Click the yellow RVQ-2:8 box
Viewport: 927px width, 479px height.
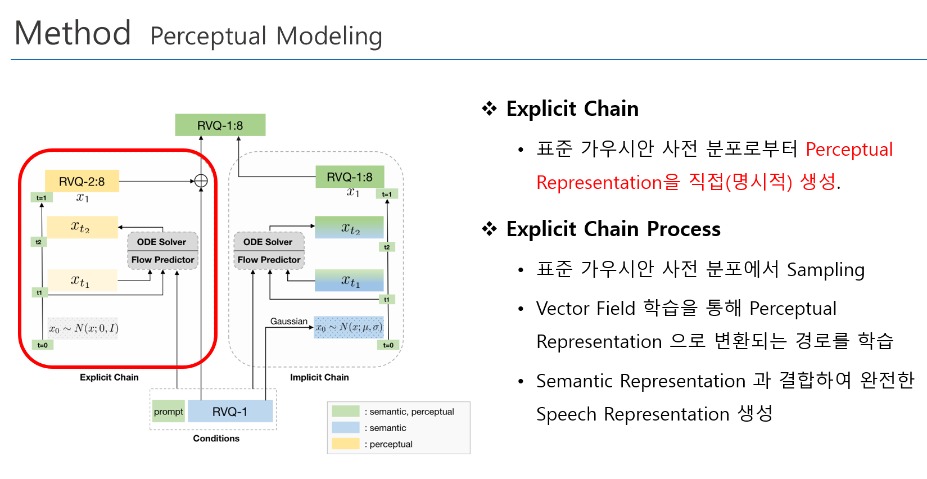(82, 181)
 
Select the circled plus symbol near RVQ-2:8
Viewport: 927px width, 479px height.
(201, 181)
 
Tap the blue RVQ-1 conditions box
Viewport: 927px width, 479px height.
(230, 412)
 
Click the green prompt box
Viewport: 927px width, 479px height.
(169, 412)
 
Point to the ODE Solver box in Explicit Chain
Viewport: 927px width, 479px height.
(162, 242)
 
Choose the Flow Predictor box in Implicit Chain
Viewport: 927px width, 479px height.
(269, 260)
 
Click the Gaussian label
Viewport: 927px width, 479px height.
(289, 322)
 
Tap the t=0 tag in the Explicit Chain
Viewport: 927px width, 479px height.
(43, 345)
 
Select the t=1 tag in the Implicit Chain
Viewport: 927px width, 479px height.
(387, 194)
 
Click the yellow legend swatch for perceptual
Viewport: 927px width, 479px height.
(345, 444)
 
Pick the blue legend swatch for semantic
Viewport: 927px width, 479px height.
(345, 427)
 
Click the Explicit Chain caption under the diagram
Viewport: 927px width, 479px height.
(109, 377)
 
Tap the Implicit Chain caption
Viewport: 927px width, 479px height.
(319, 377)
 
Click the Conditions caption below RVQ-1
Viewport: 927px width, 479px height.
(216, 439)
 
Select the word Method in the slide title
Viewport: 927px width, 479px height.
(73, 33)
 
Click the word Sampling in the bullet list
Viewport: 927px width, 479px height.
(825, 270)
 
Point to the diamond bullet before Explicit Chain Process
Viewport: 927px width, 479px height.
(490, 229)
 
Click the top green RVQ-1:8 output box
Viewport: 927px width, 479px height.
(220, 125)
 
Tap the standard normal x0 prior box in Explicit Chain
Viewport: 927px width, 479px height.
(83, 328)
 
